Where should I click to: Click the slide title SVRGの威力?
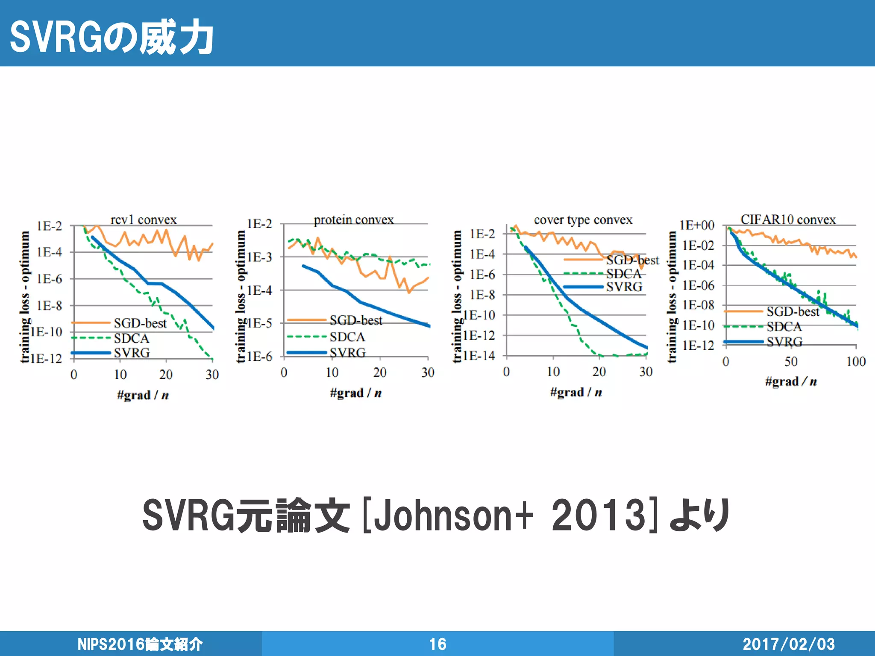coord(112,38)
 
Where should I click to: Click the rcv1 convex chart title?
coord(144,220)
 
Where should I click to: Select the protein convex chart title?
coord(354,220)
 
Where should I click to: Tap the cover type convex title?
coord(583,220)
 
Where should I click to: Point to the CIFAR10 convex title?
coord(788,220)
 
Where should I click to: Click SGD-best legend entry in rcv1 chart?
coord(140,323)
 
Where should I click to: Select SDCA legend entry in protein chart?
coord(347,337)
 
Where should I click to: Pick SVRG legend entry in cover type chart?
coord(624,287)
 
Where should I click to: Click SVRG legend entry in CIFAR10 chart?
coord(784,342)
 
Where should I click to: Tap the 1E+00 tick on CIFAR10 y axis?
coord(697,225)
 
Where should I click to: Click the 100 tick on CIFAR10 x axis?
coord(856,362)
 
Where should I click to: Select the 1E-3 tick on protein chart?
coord(259,257)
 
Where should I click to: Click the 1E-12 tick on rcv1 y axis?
coord(46,358)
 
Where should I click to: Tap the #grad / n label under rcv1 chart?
coord(143,395)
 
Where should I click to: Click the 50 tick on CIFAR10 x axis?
coord(790,362)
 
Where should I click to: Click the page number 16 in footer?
coord(437,644)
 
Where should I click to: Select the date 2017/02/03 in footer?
coord(788,644)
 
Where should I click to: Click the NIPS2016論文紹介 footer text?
coord(140,644)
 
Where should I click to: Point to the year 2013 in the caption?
coord(598,515)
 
